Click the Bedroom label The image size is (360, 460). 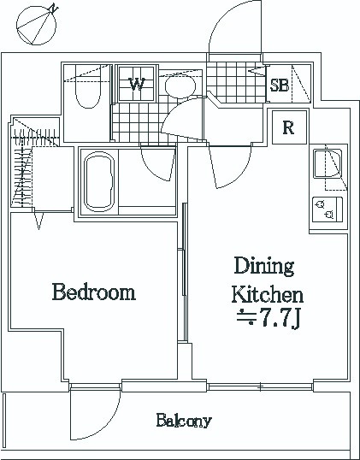[x=94, y=292]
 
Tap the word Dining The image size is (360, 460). [x=264, y=266]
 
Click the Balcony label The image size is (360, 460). [x=184, y=421]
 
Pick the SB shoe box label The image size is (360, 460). [x=280, y=86]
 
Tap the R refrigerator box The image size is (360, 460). [x=289, y=127]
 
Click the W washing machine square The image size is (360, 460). [x=137, y=84]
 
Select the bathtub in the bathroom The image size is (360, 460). [x=99, y=181]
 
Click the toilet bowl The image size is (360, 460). [x=88, y=86]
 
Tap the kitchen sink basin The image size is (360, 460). [x=328, y=163]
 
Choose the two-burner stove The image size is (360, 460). [x=328, y=209]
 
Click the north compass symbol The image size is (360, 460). [x=37, y=26]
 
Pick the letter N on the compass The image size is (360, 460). [x=54, y=9]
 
